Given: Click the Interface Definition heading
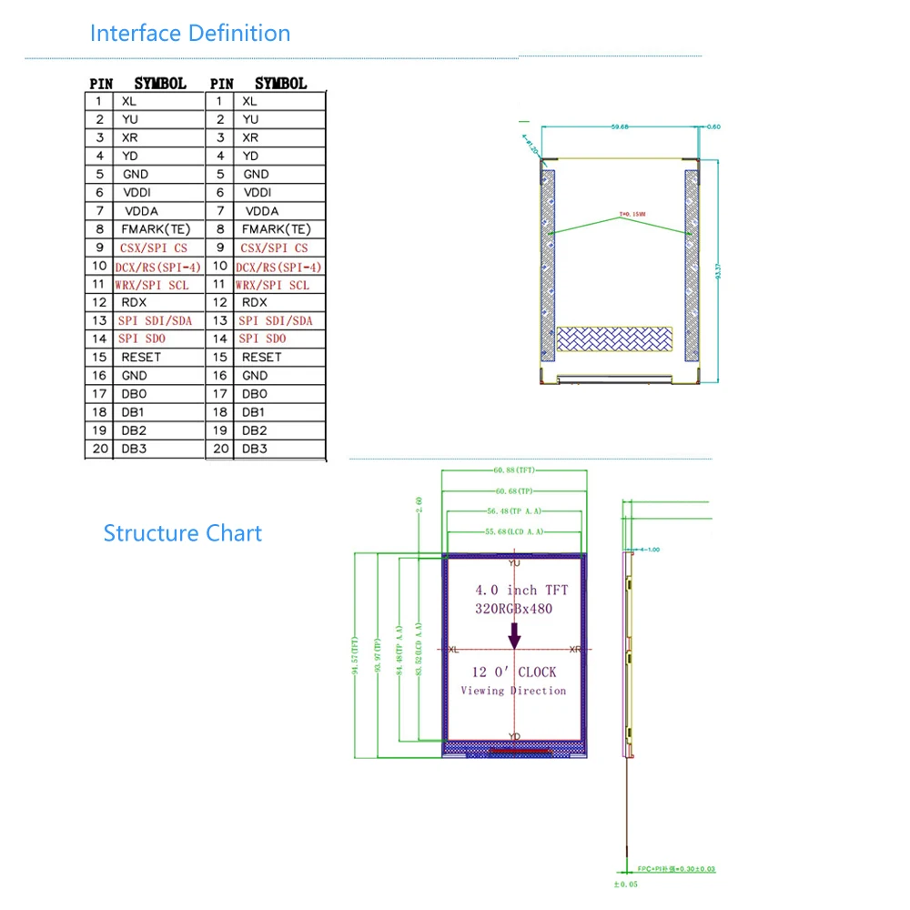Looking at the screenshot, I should coord(190,34).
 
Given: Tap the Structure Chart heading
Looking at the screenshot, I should coord(182,533).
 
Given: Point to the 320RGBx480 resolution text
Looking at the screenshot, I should coord(514,609).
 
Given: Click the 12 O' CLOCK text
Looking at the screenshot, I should coord(514,672).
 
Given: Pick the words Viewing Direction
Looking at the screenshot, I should coord(513,691).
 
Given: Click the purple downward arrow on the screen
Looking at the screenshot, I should coord(514,634).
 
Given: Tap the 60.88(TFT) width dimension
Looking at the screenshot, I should coord(514,470).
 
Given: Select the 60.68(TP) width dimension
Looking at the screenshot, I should coord(514,491).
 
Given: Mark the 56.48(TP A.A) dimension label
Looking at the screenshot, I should coord(514,511).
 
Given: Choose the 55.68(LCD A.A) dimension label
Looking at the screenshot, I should coord(514,531).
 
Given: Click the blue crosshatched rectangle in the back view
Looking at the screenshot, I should coord(619,339).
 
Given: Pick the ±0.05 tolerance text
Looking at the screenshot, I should coord(627,884).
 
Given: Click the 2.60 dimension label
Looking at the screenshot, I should coord(419,505).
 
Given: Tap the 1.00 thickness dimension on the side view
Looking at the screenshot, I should coord(652,550).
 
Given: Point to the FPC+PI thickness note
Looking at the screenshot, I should coord(674,869).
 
